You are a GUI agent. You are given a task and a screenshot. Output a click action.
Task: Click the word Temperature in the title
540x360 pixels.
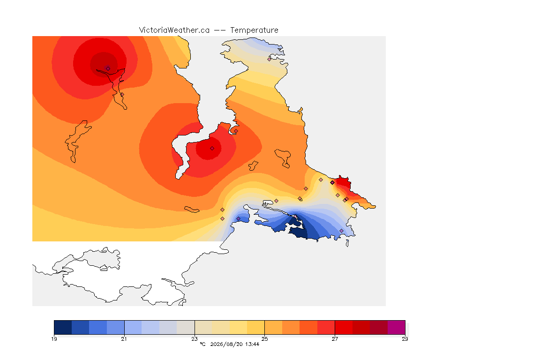point(254,30)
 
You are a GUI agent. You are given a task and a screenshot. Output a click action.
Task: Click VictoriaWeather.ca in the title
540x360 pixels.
point(174,30)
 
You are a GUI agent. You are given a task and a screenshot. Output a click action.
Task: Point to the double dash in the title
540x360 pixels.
point(220,30)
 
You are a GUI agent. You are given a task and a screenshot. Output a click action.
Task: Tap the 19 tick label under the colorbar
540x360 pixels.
point(54,339)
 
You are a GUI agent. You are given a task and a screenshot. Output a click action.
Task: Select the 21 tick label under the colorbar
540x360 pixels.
point(124,339)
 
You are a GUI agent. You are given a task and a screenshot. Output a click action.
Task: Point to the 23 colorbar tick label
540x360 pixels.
point(195,339)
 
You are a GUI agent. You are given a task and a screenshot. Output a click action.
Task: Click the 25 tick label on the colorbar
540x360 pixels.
point(264,339)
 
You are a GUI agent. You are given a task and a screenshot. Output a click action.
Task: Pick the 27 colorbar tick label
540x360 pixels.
point(335,339)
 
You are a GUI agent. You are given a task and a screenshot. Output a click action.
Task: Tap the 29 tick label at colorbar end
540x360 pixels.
point(405,339)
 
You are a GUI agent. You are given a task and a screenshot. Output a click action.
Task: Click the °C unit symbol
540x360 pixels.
point(202,344)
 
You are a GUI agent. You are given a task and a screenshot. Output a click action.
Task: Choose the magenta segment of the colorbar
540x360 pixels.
point(397,327)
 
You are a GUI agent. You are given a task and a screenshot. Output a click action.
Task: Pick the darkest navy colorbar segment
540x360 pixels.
point(63,327)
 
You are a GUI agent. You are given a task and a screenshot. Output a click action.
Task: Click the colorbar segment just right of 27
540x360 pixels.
point(344,327)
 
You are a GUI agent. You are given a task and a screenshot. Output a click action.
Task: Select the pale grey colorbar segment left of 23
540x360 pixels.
point(186,327)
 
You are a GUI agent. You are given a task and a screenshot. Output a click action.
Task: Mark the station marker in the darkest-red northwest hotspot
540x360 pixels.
point(108,68)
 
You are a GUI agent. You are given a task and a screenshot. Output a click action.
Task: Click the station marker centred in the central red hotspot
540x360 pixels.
point(212,149)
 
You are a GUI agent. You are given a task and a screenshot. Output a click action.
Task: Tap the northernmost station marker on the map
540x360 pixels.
point(270,59)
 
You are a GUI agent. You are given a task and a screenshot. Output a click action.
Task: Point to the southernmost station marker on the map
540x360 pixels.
point(341,231)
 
